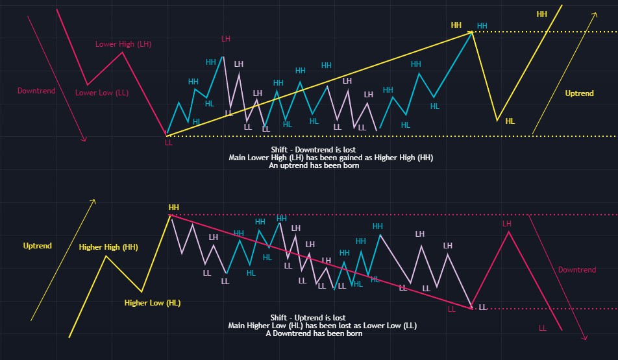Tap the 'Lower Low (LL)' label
102,93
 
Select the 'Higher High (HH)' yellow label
108,247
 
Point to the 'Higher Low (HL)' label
153,303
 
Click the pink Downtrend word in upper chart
36,91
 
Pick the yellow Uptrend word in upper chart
579,93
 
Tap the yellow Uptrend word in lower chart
37,246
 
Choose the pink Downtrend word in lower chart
577,270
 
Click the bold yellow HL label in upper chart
510,121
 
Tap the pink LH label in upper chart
225,39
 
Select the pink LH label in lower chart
507,224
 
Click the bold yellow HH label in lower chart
173,208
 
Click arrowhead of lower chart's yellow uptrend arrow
94,200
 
